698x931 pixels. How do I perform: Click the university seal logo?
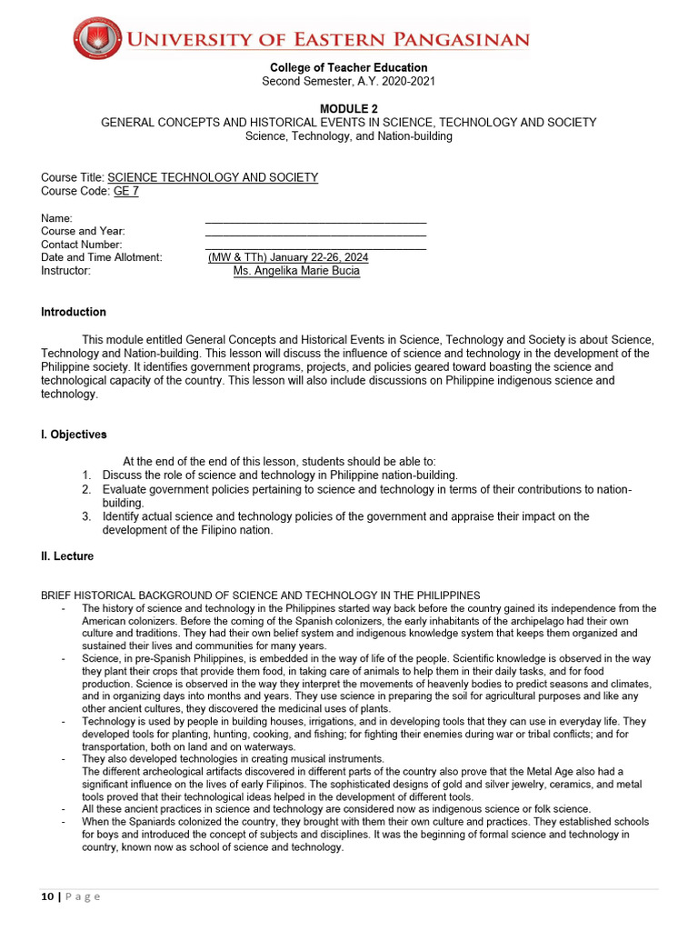coord(96,39)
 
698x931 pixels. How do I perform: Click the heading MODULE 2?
coord(348,109)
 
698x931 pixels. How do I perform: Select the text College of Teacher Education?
coord(348,68)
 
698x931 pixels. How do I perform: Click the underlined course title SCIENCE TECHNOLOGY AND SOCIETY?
coord(213,177)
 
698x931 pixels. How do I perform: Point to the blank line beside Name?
coord(315,219)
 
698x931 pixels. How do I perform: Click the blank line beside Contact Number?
coord(315,245)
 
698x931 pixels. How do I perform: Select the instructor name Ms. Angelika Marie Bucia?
coord(296,271)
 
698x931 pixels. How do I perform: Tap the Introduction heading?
coord(74,312)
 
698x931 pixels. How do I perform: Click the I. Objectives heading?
coord(74,435)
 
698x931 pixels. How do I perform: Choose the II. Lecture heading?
coord(66,556)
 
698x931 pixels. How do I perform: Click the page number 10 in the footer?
coord(47,896)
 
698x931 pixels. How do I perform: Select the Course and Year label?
coord(83,232)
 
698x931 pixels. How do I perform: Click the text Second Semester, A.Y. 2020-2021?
coord(348,81)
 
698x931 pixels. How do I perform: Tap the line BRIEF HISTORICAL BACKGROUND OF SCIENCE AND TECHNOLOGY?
coord(260,596)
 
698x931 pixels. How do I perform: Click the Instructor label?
coord(65,271)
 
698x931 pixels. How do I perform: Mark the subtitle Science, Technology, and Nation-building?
coord(348,136)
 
